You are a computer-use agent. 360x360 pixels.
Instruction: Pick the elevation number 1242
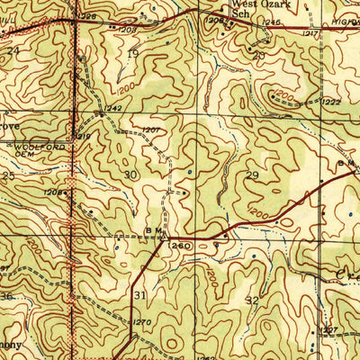[112, 108]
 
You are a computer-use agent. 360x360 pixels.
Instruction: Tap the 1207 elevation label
[150, 130]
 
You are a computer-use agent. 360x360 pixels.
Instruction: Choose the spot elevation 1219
[83, 136]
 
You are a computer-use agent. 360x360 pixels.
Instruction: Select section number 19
[133, 54]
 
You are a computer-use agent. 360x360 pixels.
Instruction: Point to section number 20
[258, 55]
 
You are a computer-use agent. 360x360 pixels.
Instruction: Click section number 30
[131, 175]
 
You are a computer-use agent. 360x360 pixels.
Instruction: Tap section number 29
[253, 175]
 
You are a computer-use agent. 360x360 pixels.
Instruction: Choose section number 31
[139, 294]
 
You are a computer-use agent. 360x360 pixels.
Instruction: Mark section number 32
[253, 300]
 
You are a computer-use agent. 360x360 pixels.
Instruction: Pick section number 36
[7, 296]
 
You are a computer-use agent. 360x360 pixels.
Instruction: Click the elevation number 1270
[141, 321]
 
